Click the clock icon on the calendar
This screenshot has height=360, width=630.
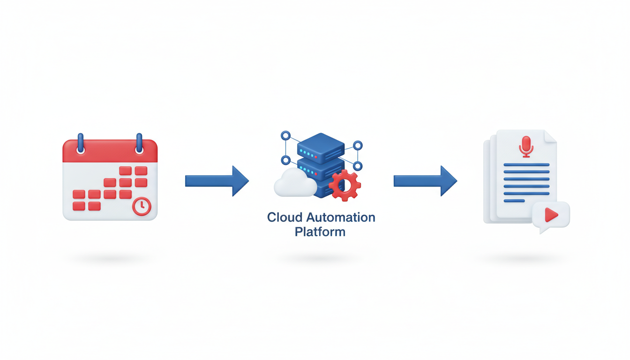(142, 206)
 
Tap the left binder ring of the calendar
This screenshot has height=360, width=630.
(81, 143)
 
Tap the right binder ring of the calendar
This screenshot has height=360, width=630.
(139, 143)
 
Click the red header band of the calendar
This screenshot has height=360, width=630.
(110, 152)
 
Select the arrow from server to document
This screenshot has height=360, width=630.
(425, 180)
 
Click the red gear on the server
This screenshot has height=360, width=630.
(345, 185)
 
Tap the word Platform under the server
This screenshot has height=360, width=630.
(320, 232)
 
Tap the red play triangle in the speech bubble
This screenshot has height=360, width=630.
(551, 215)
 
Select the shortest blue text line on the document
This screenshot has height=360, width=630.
(514, 201)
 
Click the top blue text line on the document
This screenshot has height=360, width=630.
(526, 165)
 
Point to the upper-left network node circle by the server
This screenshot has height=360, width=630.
(285, 136)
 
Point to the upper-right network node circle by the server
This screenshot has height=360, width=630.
(358, 145)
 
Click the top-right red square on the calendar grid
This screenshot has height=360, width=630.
(141, 171)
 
